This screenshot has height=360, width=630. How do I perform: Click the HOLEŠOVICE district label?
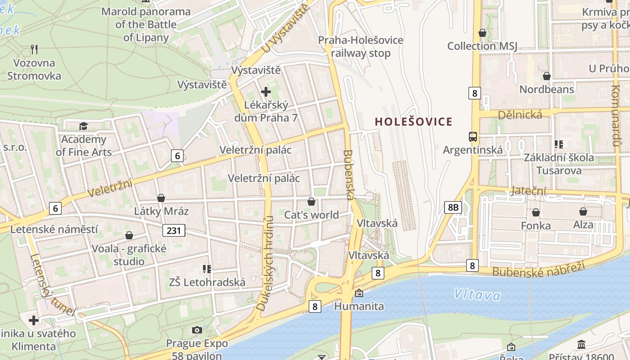coord(413,121)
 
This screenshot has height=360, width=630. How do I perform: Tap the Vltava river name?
coord(477,295)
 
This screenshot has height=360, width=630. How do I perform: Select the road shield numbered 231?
coord(174,231)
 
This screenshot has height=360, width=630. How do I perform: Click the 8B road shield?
coord(453,207)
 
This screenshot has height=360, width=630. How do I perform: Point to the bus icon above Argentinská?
coord(472,136)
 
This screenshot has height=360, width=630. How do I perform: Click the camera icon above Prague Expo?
coord(197,330)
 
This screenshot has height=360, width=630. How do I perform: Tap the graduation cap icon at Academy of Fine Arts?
coord(83,126)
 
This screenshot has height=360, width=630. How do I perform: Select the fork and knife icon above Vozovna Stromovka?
coord(34,49)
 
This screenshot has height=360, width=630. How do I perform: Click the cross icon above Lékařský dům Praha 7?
coord(266,92)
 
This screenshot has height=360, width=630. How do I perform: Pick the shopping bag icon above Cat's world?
coord(311,201)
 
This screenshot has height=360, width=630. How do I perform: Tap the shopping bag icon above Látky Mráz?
coord(161,198)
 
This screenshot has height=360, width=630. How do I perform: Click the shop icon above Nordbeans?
coord(547,76)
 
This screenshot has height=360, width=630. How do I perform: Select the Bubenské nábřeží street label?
coord(538,269)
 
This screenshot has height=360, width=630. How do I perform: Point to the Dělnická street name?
coord(520,115)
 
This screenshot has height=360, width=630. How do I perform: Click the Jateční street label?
coord(528,191)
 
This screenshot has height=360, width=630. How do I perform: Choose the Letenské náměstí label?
coord(54,229)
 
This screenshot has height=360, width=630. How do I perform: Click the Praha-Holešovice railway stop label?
coord(361,46)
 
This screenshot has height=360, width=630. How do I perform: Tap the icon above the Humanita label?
coord(359,293)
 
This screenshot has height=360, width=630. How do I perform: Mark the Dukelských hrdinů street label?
coord(265,263)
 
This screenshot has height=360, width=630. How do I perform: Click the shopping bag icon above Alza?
coord(583,211)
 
